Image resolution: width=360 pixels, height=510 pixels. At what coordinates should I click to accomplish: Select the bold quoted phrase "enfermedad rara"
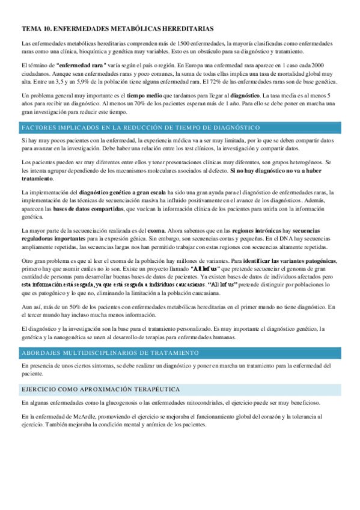[82, 64]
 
